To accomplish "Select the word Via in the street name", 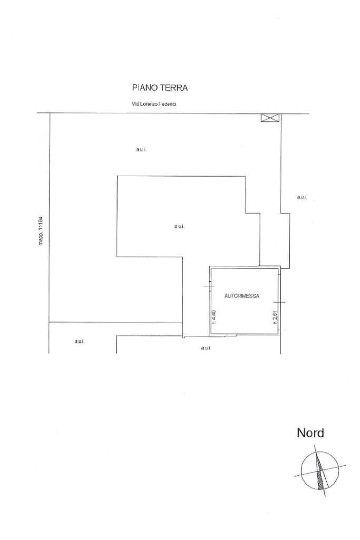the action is (x=134, y=104).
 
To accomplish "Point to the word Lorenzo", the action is (x=148, y=104).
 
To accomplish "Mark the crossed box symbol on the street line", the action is (x=269, y=118).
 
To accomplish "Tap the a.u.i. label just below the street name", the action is (x=141, y=150).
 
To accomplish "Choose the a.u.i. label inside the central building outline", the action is (x=179, y=226).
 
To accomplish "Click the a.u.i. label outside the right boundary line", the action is (x=301, y=197).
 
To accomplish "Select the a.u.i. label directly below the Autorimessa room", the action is (x=206, y=348).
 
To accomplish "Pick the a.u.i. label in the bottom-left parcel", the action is (x=80, y=341).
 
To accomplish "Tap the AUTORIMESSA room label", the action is (x=242, y=296).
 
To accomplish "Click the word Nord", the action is (x=310, y=433).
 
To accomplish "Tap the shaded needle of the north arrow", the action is (x=320, y=472).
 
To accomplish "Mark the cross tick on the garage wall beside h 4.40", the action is (x=209, y=286).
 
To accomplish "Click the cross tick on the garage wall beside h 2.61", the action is (x=279, y=302).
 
